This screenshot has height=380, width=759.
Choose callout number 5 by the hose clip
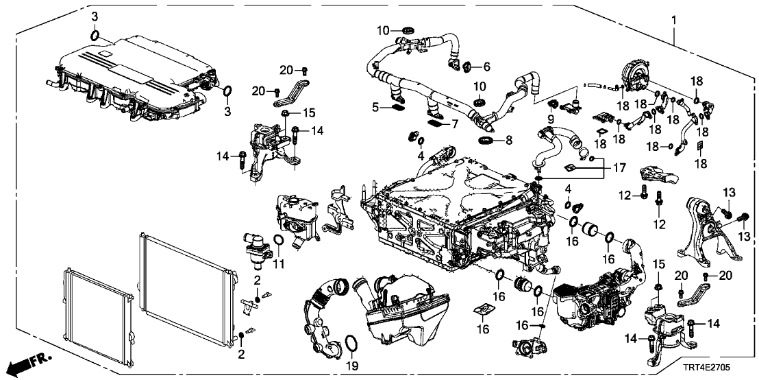(x=375, y=107)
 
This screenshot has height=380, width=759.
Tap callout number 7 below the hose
(x=453, y=124)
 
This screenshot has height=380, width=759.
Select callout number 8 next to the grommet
(x=508, y=141)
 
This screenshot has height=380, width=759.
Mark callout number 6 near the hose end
(x=487, y=67)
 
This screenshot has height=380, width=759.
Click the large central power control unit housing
(x=452, y=206)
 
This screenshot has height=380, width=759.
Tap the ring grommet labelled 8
(x=485, y=140)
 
